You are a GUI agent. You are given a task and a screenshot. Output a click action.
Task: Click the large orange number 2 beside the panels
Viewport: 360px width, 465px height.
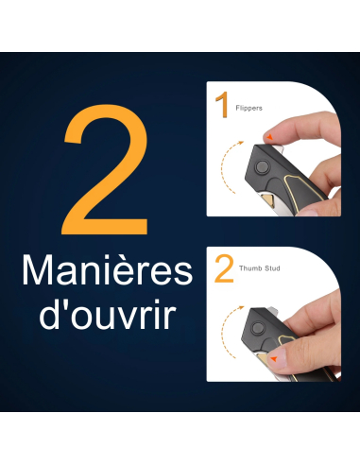(106, 170)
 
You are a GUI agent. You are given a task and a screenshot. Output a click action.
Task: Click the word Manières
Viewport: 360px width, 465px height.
(107, 270)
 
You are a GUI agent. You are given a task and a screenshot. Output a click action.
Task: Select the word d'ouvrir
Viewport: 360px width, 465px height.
(108, 315)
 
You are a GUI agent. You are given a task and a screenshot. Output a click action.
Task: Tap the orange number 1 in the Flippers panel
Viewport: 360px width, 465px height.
(222, 105)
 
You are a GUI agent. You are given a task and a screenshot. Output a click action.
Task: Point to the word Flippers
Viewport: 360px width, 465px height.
(249, 108)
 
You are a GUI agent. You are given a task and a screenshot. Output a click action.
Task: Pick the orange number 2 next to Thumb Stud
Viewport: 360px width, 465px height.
(224, 268)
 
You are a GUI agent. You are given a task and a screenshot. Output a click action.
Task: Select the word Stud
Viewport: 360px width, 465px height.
(272, 268)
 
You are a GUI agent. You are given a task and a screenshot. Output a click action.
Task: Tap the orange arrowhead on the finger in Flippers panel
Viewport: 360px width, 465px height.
(270, 137)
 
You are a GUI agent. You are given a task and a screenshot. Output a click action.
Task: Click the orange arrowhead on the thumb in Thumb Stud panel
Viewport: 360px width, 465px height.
(274, 358)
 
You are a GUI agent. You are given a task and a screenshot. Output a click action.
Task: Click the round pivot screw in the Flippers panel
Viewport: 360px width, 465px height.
(262, 166)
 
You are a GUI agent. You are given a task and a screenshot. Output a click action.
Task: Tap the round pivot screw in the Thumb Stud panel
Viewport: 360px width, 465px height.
(258, 329)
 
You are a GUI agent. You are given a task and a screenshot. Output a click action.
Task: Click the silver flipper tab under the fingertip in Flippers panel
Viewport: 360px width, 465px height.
(279, 149)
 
